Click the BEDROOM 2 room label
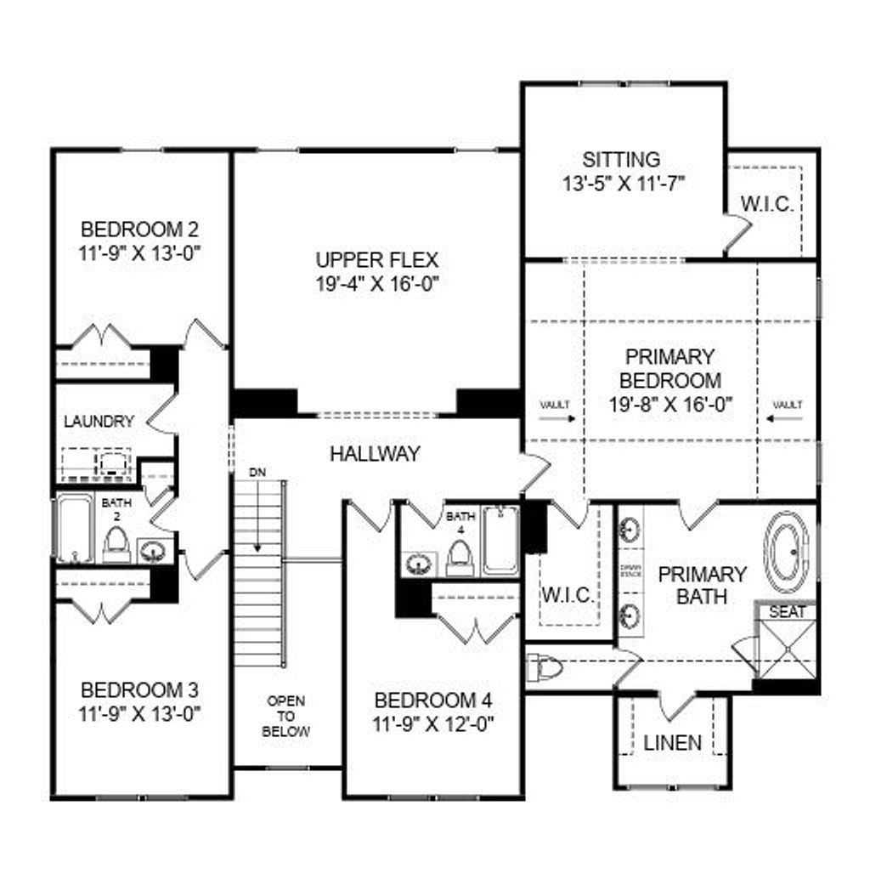click(x=139, y=230)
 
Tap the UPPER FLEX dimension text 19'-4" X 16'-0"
click(x=377, y=283)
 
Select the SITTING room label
click(x=621, y=159)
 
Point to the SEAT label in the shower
click(x=787, y=612)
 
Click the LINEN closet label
click(x=672, y=742)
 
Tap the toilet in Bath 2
click(x=116, y=545)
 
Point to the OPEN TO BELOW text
click(x=285, y=716)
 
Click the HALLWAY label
click(x=375, y=454)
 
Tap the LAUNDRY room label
click(x=99, y=421)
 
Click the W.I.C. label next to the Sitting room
click(x=767, y=205)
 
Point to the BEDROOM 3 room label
click(x=139, y=689)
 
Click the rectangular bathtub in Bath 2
click(x=74, y=529)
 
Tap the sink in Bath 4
click(x=418, y=563)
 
